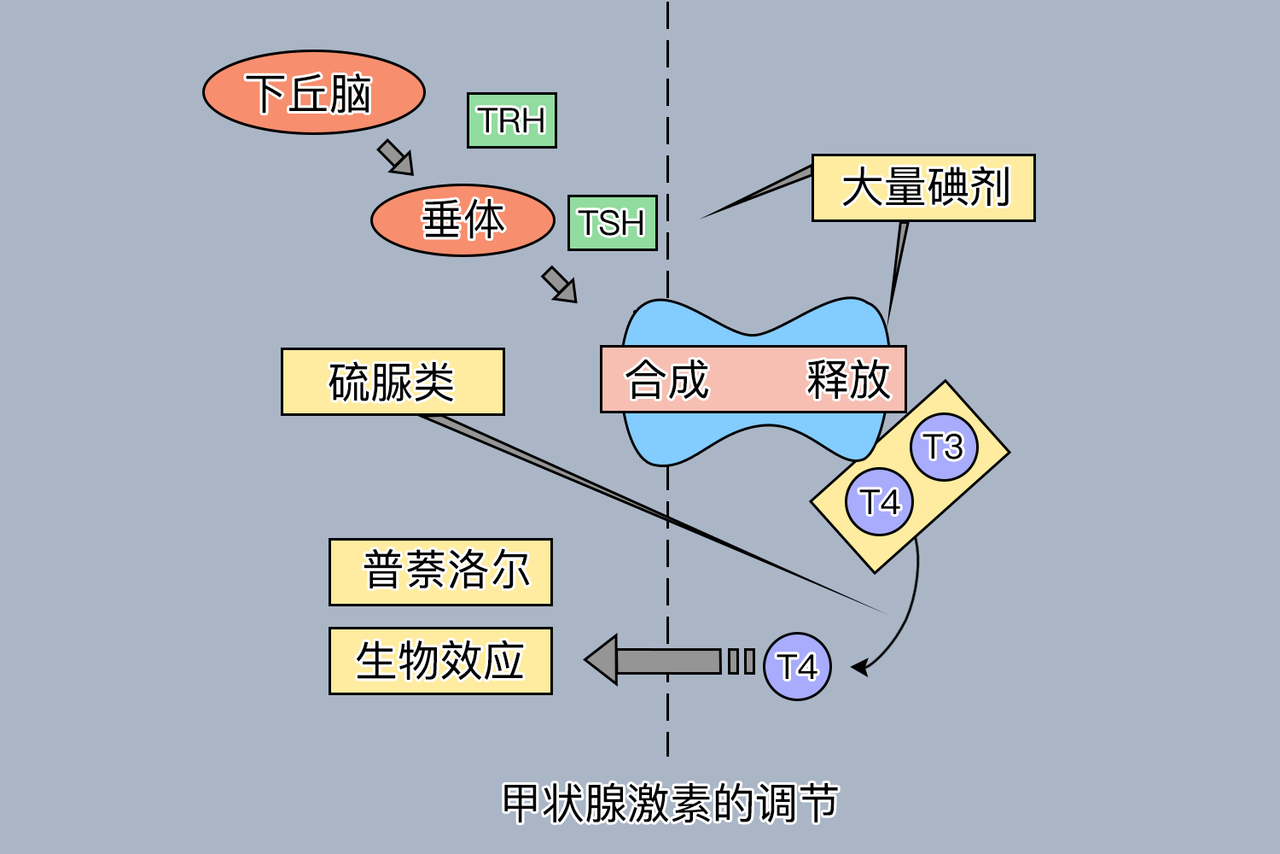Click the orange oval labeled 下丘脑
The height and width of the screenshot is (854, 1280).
[313, 92]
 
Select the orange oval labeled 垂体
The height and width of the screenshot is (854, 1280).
[463, 220]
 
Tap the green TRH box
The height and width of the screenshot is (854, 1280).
[511, 120]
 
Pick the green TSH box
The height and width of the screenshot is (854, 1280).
[612, 223]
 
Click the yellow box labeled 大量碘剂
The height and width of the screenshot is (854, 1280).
[923, 188]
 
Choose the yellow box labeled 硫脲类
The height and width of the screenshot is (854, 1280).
[393, 382]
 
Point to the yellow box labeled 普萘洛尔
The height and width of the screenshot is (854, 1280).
[440, 572]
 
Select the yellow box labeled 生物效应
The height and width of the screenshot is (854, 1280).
[440, 661]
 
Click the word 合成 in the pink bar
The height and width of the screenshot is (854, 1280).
[666, 380]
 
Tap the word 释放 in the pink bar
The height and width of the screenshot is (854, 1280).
[848, 380]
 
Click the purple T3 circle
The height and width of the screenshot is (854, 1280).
[943, 447]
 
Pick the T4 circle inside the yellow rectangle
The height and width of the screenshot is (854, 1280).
[879, 502]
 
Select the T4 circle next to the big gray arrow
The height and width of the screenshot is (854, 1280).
[796, 666]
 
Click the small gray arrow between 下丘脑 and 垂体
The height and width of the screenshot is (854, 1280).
[396, 158]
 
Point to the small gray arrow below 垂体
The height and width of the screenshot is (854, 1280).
[560, 284]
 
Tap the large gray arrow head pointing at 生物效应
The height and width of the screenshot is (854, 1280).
[602, 660]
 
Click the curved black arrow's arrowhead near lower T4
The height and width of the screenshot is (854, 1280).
[860, 666]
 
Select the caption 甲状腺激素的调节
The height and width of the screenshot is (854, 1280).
[670, 803]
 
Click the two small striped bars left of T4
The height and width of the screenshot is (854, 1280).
[741, 661]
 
